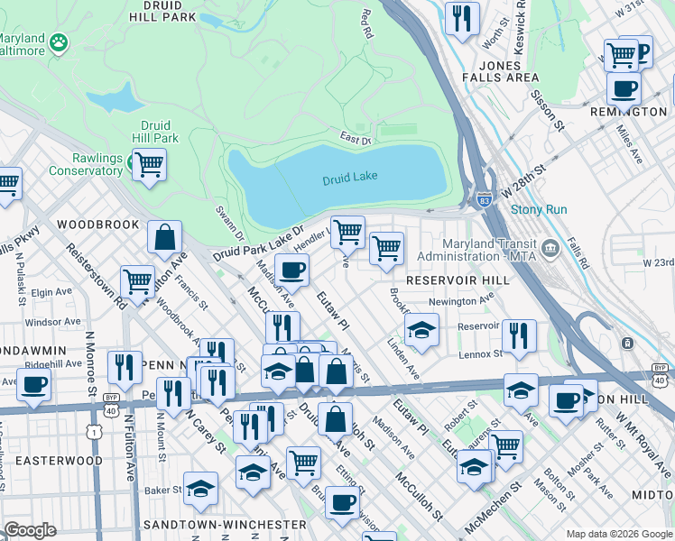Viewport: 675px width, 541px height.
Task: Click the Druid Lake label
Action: click(349, 179)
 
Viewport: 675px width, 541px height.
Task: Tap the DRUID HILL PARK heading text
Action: click(162, 10)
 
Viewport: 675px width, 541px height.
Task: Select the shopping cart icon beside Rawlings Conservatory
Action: click(149, 165)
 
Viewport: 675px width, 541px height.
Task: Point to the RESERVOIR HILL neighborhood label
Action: click(458, 280)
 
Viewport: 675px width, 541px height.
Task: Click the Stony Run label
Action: click(539, 209)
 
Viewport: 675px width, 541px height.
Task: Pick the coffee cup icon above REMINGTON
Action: click(624, 89)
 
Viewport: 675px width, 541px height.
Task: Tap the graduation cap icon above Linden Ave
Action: click(421, 331)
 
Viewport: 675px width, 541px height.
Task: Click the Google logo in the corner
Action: click(30, 530)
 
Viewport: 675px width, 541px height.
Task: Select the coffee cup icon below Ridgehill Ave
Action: click(33, 385)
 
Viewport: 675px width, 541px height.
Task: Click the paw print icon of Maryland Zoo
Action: click(59, 41)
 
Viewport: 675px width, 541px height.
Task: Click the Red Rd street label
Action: click(366, 24)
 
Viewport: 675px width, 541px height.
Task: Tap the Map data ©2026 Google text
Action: click(618, 533)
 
